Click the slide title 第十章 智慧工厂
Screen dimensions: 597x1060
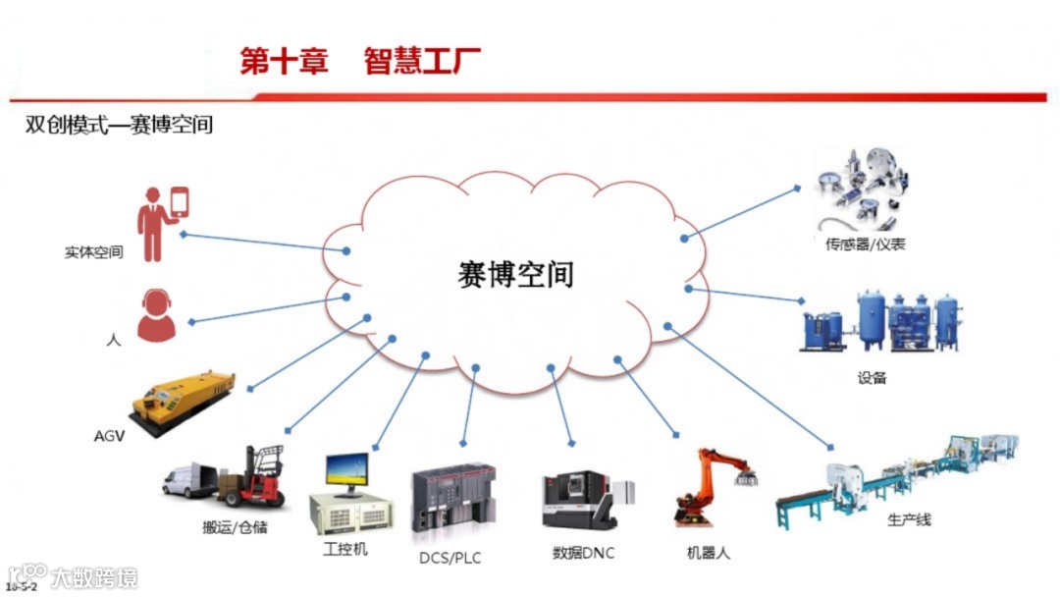[x=360, y=61]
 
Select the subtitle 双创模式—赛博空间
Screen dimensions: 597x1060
[x=119, y=126]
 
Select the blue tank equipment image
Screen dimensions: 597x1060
[x=879, y=321]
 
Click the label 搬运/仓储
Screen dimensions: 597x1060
[x=235, y=528]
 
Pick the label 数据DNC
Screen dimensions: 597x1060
[x=583, y=553]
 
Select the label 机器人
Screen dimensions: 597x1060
[x=708, y=553]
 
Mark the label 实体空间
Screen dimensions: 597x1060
[x=94, y=252]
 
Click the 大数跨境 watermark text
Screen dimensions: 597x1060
[x=94, y=577]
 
